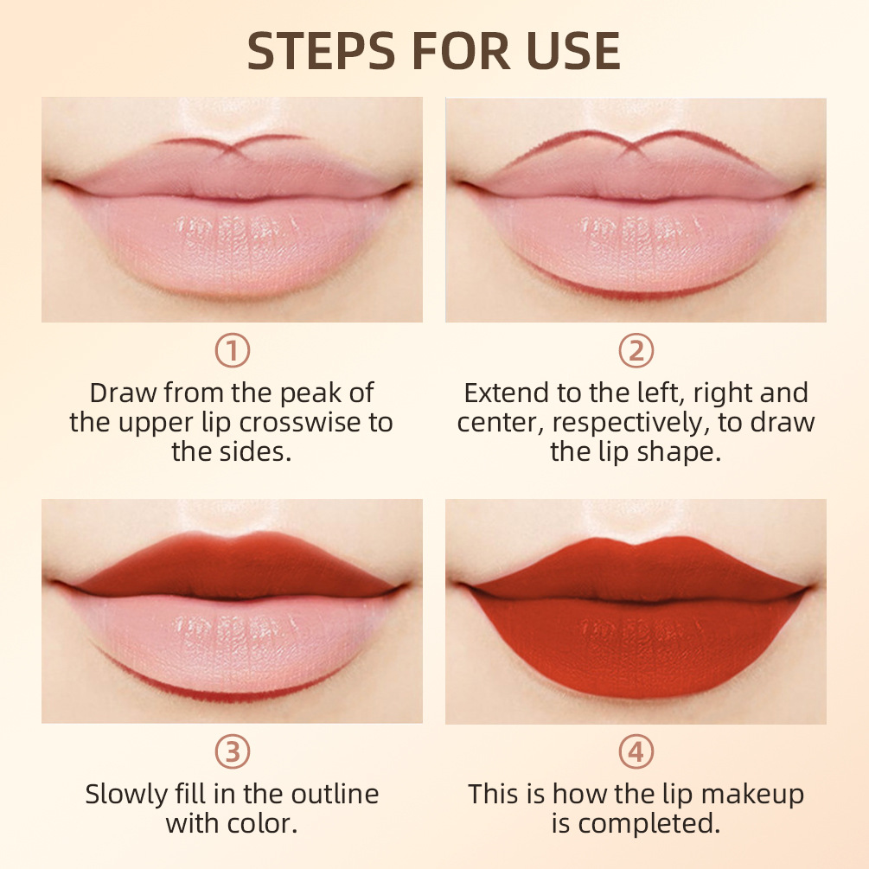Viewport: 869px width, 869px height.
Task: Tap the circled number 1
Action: [x=232, y=351]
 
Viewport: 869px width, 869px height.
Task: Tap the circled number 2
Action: [x=636, y=351]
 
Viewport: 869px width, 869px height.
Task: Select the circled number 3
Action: [x=232, y=752]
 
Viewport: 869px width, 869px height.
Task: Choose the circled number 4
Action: [x=636, y=752]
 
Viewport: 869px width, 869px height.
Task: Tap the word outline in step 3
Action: [x=333, y=794]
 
